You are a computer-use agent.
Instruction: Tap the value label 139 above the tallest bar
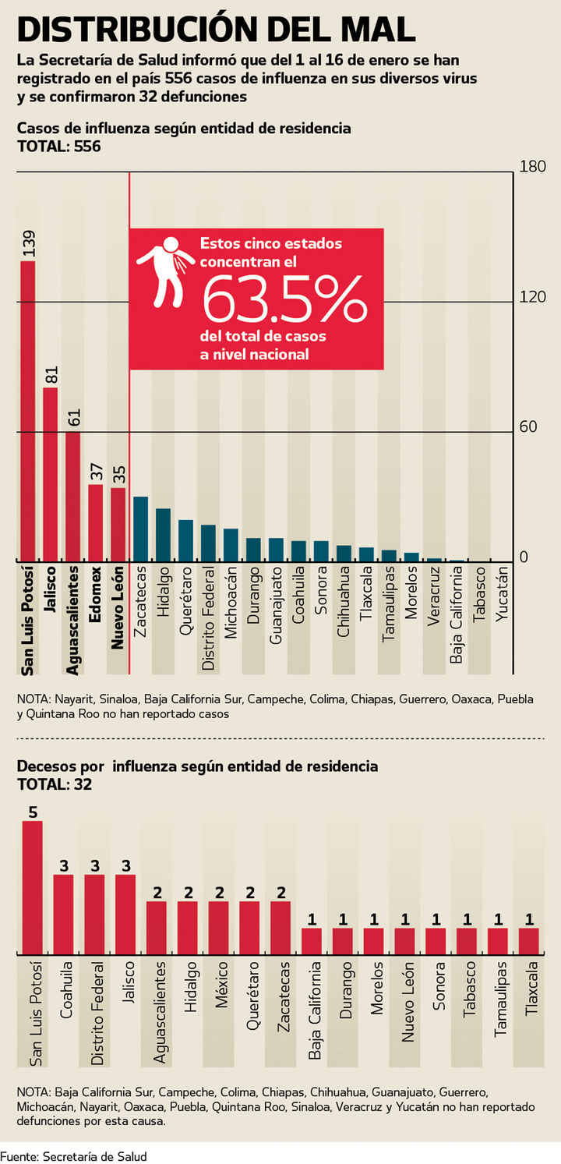28,244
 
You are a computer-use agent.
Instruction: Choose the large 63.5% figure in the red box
284,299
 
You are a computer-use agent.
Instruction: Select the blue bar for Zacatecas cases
140,529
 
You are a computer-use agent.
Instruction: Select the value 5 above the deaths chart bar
33,812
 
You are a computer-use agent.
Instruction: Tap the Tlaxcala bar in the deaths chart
529,940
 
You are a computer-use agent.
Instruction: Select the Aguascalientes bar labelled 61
72,496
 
